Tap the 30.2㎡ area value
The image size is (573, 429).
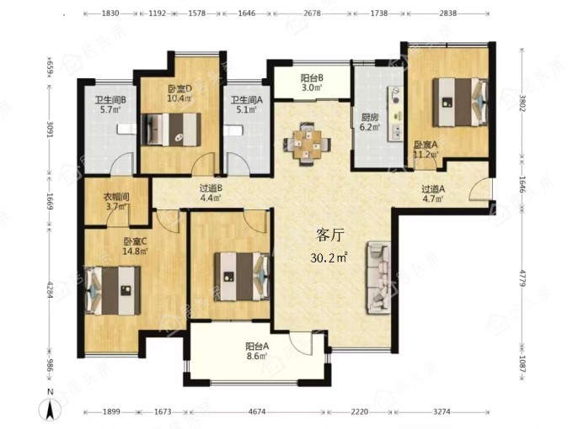[329, 257]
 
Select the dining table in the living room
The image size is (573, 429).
[307, 144]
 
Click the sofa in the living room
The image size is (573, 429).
[378, 278]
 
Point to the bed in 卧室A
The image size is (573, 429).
[460, 103]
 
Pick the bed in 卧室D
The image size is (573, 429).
[171, 130]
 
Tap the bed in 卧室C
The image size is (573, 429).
[113, 291]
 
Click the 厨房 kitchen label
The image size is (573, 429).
[370, 118]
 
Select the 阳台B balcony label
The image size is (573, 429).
[312, 77]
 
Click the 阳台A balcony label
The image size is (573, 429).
[257, 346]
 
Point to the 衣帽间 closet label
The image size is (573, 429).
[115, 197]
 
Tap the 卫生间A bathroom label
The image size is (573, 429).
[247, 99]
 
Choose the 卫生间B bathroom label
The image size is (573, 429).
[110, 99]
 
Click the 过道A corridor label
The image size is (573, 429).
[433, 189]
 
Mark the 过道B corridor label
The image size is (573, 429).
[212, 188]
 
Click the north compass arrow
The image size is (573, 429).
[50, 408]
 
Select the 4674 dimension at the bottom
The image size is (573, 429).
[257, 412]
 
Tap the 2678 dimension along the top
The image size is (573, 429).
[312, 13]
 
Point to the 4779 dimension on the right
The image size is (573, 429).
[522, 278]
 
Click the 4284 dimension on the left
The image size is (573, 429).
[51, 289]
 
